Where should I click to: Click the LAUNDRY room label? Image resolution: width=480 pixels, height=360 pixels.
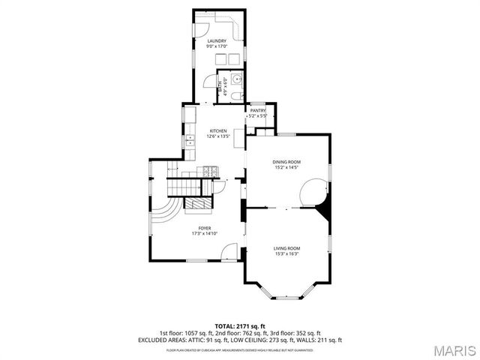point(217,40)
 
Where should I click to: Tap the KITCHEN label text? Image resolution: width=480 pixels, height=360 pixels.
point(218,130)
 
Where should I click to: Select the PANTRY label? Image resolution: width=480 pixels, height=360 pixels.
point(258,110)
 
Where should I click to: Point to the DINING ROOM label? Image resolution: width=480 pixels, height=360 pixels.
point(286,161)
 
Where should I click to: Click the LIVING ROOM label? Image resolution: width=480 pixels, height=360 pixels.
point(286,248)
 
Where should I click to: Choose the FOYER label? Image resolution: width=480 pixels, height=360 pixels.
point(204,228)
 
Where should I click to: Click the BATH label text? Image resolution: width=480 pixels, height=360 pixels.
point(220,85)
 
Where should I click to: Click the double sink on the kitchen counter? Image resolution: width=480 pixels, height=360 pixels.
point(189,139)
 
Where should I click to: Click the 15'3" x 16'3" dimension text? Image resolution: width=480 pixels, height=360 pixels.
point(286,254)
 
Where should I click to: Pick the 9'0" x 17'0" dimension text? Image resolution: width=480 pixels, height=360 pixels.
point(217,46)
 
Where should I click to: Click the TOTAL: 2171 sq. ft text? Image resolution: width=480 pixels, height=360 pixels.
point(240,327)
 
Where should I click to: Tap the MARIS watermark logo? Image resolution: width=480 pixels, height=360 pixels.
point(454,350)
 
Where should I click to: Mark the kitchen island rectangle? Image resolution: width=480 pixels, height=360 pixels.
point(238,140)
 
